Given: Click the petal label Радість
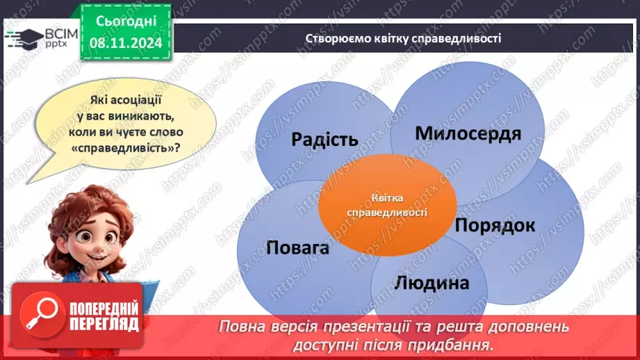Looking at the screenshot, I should coord(325,139).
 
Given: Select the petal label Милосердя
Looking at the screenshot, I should coord(468,133).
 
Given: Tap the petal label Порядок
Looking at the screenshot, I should coord(495,225).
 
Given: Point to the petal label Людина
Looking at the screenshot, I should coord(432,283).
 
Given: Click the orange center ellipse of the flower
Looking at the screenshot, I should coord(387,205).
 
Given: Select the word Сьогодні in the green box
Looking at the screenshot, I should coord(124,21).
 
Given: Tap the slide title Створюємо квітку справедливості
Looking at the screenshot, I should coord(403,38).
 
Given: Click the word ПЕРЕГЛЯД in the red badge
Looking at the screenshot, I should coord(103,324).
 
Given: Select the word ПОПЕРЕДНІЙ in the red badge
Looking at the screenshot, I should coord(103,309).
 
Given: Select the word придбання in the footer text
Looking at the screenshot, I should coord(459,345).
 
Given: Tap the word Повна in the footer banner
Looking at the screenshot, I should coord(242,327).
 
